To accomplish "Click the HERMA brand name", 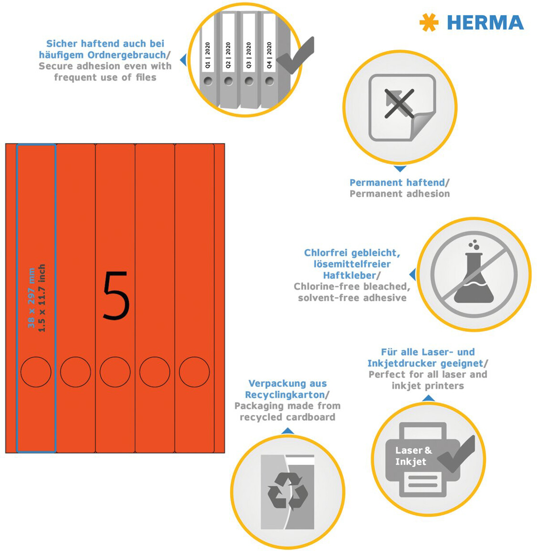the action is pyautogui.click(x=485, y=23).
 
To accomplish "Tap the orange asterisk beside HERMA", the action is pyautogui.click(x=429, y=22).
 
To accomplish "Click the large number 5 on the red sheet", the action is pyautogui.click(x=116, y=295).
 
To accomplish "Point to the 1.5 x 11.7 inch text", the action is pyautogui.click(x=42, y=298).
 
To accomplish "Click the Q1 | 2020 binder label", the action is pyautogui.click(x=208, y=55).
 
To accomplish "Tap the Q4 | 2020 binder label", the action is pyautogui.click(x=269, y=55).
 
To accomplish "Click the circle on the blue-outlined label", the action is pyautogui.click(x=36, y=357).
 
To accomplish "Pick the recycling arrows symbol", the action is pyautogui.click(x=288, y=491).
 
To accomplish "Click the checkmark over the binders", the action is pyautogui.click(x=295, y=55).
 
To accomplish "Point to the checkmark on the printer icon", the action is pyautogui.click(x=456, y=454).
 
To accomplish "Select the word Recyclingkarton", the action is pyautogui.click(x=285, y=395).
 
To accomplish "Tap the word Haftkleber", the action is pyautogui.click(x=349, y=275).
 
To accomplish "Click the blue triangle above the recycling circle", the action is pyautogui.click(x=288, y=431).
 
